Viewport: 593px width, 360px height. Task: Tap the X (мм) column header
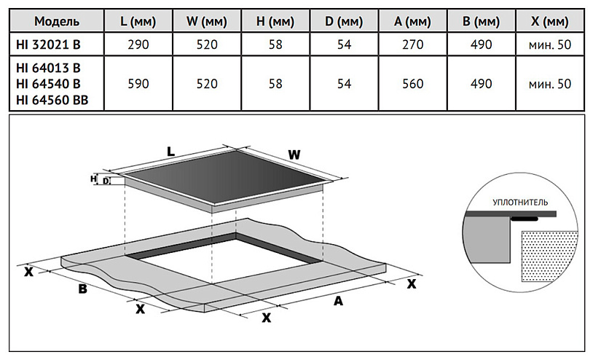(550, 20)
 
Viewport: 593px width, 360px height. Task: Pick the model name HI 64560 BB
(52, 101)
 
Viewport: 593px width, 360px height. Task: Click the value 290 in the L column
(138, 45)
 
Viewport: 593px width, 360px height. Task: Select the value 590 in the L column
(138, 84)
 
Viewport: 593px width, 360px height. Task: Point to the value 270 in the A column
(413, 45)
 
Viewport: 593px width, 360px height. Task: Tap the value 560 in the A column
(413, 84)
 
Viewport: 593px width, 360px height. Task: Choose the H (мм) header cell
(275, 20)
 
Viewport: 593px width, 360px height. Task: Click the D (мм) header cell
(344, 20)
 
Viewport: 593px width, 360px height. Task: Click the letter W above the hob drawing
(294, 154)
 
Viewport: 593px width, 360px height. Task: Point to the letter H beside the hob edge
(93, 178)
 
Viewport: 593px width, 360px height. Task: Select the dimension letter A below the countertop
(337, 300)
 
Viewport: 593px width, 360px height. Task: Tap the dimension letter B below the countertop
(82, 290)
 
